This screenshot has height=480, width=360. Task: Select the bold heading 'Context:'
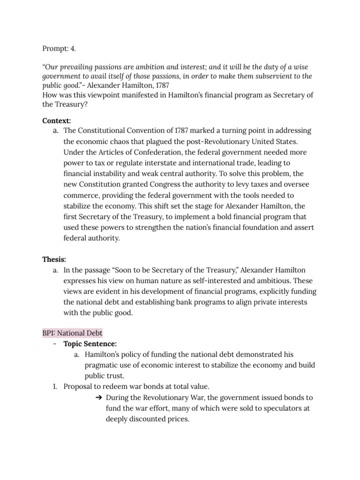click(x=56, y=121)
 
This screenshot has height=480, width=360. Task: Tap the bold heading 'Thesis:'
click(x=54, y=259)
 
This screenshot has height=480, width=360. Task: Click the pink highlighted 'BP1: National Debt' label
click(x=72, y=333)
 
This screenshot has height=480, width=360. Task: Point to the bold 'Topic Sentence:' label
click(x=90, y=344)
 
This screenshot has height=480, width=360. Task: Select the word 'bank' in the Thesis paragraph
click(x=198, y=302)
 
